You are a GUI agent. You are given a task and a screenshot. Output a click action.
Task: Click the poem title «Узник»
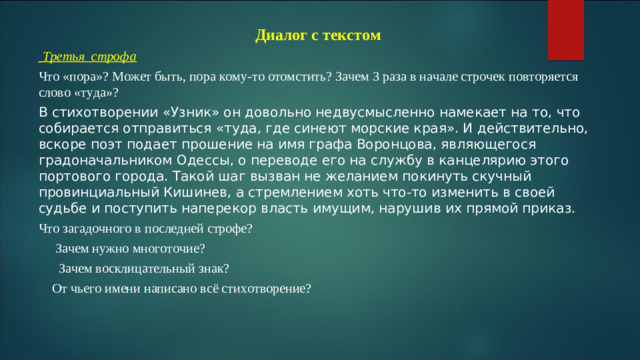201,112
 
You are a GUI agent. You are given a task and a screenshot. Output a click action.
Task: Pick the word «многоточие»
163,248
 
